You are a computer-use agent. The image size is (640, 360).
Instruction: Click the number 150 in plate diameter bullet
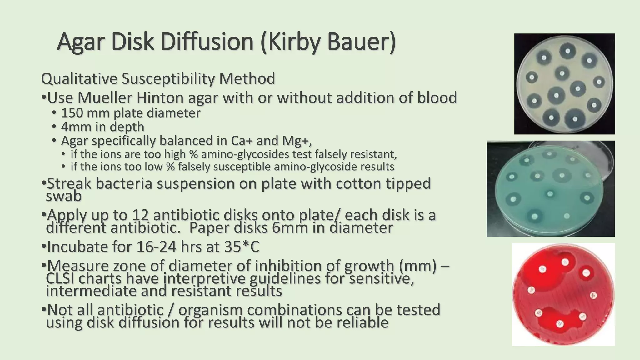click(72, 113)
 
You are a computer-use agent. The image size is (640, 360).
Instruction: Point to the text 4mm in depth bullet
click(102, 127)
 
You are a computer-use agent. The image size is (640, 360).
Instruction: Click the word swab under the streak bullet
click(64, 196)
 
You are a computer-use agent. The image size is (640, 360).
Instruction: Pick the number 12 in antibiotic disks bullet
click(140, 215)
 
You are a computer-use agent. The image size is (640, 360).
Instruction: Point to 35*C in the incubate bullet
click(242, 247)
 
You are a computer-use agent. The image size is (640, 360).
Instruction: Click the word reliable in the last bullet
click(362, 322)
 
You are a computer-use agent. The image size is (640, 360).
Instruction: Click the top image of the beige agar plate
click(564, 84)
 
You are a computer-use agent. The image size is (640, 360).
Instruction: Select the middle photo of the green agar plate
click(550, 188)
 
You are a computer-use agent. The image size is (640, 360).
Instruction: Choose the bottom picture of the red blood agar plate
click(563, 294)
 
